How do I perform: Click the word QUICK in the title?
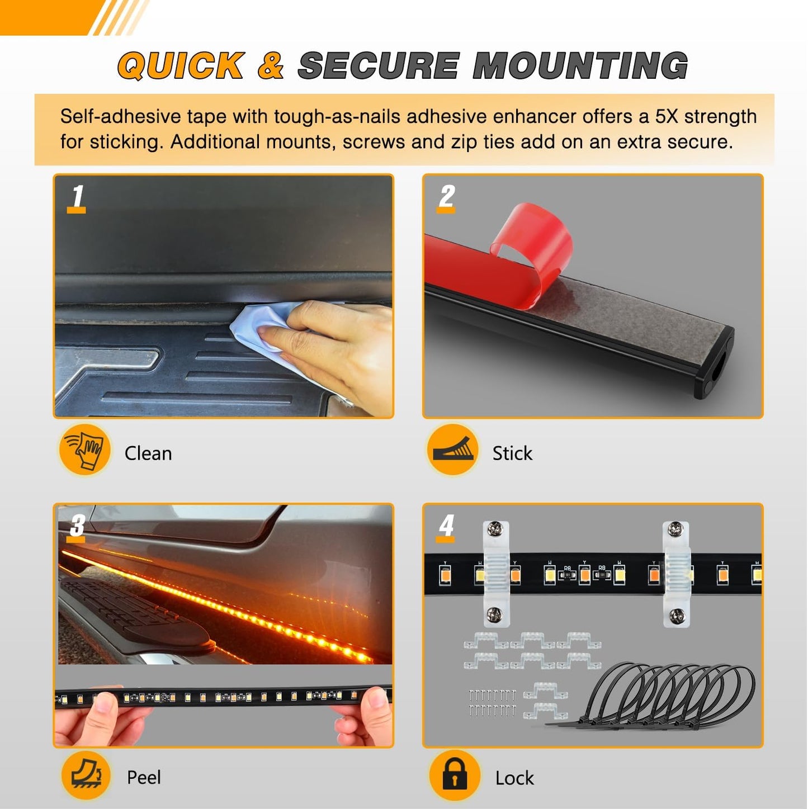pyautogui.click(x=181, y=65)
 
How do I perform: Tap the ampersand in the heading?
pyautogui.click(x=271, y=65)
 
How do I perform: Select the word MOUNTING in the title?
pyautogui.click(x=580, y=65)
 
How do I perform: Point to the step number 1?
pyautogui.click(x=77, y=197)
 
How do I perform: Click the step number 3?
pyautogui.click(x=77, y=526)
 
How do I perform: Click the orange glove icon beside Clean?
pyautogui.click(x=84, y=450)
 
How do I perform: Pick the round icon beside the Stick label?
pyautogui.click(x=453, y=450)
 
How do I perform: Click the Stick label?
pyautogui.click(x=512, y=453)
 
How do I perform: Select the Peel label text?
pyautogui.click(x=144, y=777)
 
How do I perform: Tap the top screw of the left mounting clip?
pyautogui.click(x=495, y=529)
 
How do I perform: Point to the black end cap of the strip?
pyautogui.click(x=715, y=363)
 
